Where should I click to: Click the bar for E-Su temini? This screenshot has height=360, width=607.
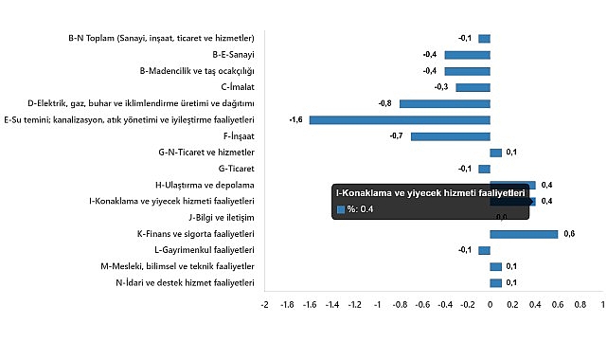(x=399, y=120)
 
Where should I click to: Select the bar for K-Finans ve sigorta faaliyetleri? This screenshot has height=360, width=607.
(x=524, y=233)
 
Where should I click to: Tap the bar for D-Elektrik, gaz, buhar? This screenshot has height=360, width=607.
(x=444, y=103)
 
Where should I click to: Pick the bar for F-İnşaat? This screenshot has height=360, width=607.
(x=450, y=136)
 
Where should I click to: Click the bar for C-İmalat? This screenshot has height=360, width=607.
(x=473, y=87)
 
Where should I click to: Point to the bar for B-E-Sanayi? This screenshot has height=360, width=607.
(x=467, y=54)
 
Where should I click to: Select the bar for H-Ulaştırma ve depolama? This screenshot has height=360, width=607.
(x=512, y=184)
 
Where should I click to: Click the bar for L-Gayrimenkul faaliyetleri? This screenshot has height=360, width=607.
(x=484, y=250)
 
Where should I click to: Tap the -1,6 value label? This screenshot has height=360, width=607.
(x=296, y=120)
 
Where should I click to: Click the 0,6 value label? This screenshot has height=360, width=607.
(x=569, y=233)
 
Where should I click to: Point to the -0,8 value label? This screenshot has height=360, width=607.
(x=385, y=103)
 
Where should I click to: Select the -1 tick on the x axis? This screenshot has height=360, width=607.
(x=377, y=305)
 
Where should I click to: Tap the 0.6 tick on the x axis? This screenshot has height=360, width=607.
(x=558, y=305)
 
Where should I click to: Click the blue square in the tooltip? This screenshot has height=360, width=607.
(x=340, y=209)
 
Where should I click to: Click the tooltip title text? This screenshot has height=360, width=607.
(x=430, y=193)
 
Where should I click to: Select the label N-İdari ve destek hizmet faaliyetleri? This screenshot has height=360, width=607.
(x=185, y=282)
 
